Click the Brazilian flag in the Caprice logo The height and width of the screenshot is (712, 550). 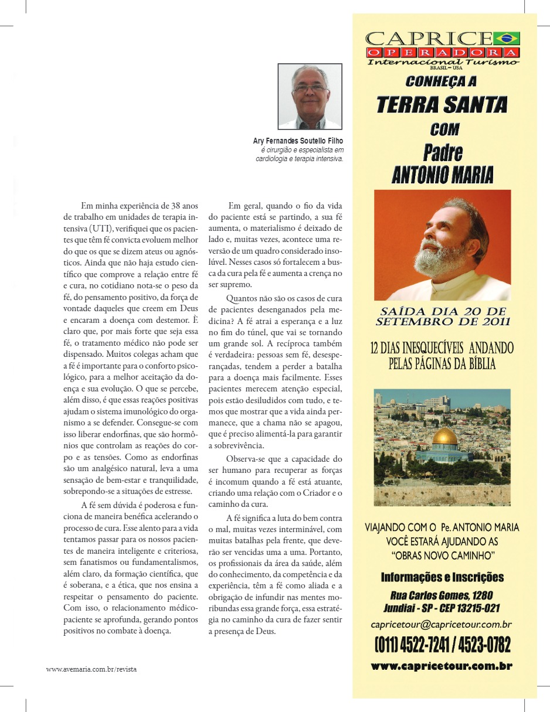(507, 39)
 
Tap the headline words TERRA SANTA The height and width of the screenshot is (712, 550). (442, 104)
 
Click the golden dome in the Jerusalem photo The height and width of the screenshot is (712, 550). (445, 437)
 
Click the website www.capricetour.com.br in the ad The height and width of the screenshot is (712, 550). (442, 666)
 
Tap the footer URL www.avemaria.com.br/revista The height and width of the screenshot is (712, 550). (91, 669)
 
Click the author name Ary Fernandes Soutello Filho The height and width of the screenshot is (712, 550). (298, 141)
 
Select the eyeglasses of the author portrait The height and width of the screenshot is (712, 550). (310, 88)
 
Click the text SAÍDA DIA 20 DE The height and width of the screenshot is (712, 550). (442, 311)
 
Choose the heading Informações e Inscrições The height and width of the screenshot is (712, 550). (442, 577)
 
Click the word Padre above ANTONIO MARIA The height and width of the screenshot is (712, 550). (442, 152)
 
